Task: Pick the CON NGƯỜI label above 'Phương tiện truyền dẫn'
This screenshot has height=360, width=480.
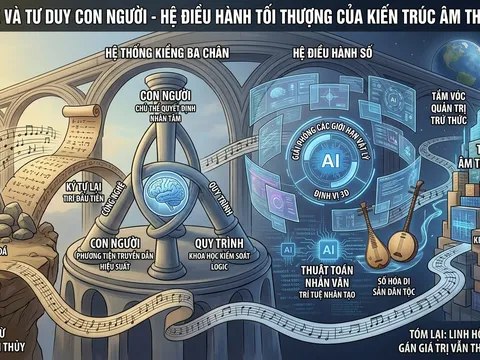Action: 113,243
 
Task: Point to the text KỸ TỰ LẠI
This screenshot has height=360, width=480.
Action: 57,187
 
